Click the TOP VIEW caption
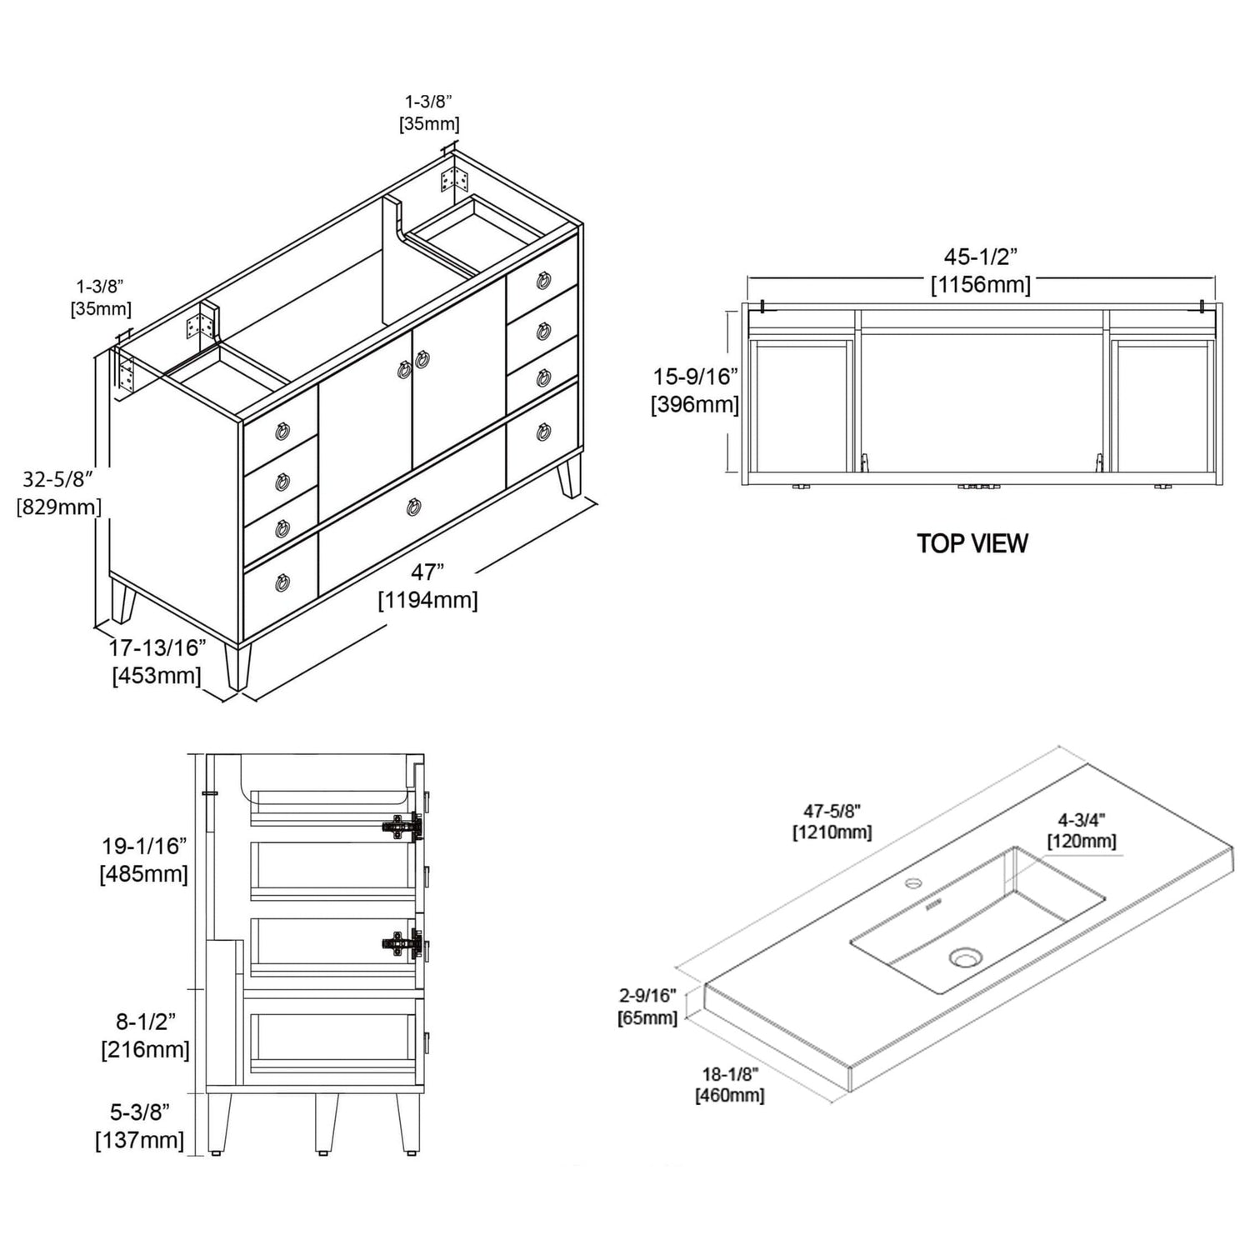[972, 543]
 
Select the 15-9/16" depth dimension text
[695, 377]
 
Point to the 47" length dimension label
[427, 572]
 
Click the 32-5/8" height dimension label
[57, 479]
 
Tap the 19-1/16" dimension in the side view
[144, 847]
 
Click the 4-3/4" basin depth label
[1082, 820]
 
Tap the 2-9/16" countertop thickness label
[647, 997]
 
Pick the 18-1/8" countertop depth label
[729, 1075]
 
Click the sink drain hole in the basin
[963, 958]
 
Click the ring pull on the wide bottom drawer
[414, 507]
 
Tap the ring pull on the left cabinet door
[403, 369]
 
